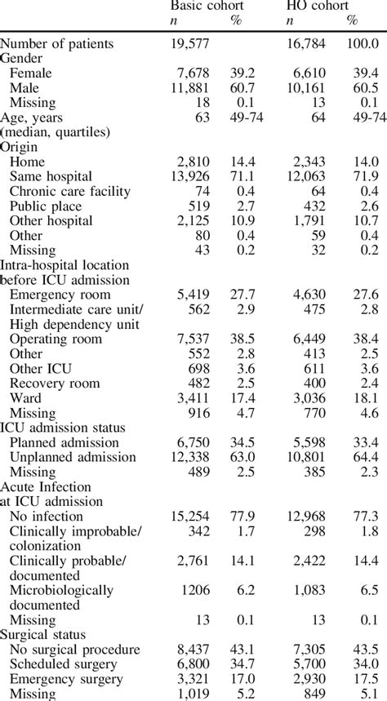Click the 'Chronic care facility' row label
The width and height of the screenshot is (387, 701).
point(69,191)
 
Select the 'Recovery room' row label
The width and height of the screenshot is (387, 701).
point(55,383)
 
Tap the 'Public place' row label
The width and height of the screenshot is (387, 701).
point(47,206)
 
